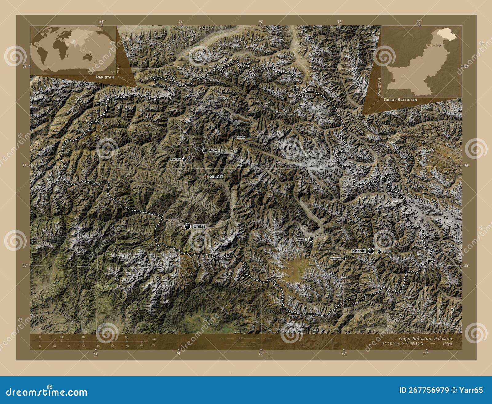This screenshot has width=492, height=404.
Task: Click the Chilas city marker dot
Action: pos(188,226)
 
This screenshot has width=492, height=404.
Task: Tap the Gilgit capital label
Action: pos(216,177)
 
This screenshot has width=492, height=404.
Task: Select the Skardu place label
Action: pos(301,239)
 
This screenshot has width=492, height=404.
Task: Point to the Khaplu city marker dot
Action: pos(371,251)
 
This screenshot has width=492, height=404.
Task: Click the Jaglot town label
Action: pos(213,151)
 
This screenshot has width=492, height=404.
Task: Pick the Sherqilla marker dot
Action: pos(184,159)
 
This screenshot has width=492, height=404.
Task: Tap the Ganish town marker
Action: pos(234,137)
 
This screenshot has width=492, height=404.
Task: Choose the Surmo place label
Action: pos(387,252)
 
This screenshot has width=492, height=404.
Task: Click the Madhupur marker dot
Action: pos(343,259)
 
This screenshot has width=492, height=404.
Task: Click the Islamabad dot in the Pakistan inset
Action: pos(440,46)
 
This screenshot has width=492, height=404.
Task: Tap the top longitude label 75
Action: pos(260,22)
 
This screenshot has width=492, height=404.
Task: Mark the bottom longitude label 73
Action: pos(96,354)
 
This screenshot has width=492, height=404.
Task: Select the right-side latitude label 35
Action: pos(466,265)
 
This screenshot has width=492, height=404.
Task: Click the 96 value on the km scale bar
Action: pos(126,337)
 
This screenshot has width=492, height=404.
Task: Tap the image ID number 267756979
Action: pos(428,390)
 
